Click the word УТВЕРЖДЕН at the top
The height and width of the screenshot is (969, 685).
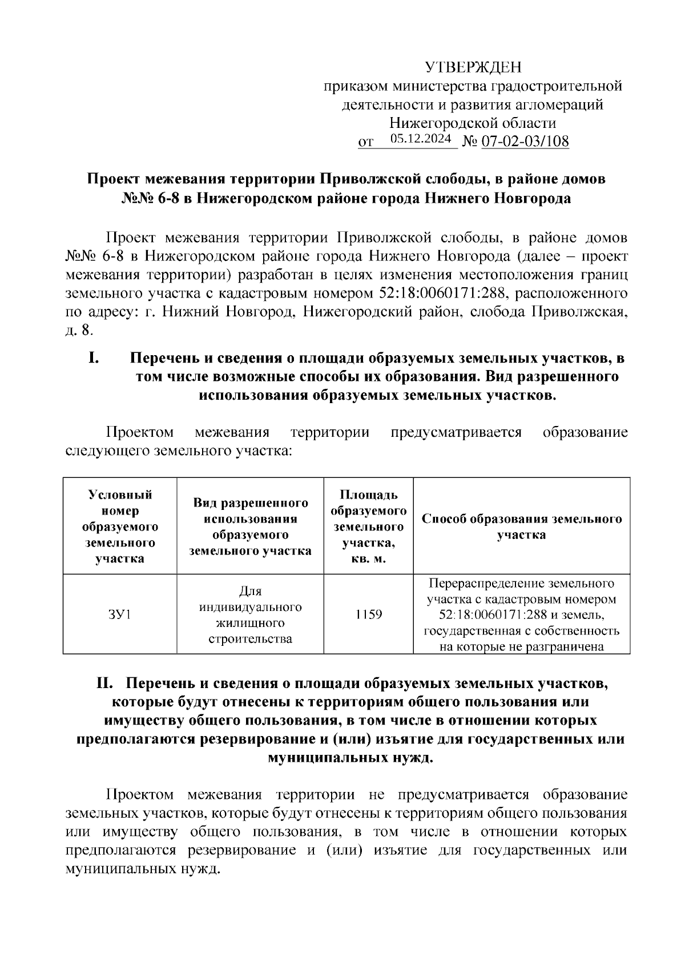click(x=473, y=68)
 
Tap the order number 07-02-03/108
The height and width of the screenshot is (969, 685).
click(x=525, y=141)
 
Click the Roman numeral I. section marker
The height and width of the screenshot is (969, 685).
click(x=94, y=359)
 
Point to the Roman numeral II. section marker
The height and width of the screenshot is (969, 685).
click(x=108, y=683)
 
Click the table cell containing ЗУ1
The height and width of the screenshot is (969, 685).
click(x=119, y=614)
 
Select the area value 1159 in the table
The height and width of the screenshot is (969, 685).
click(x=368, y=614)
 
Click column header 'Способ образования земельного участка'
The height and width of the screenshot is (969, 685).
click(x=521, y=526)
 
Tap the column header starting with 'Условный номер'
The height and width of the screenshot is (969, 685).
click(x=120, y=526)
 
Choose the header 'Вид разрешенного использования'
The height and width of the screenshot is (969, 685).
click(x=250, y=526)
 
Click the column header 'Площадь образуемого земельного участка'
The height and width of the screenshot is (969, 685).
click(x=368, y=526)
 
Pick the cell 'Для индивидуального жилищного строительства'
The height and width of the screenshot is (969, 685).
click(x=250, y=614)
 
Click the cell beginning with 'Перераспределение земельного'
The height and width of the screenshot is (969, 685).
click(x=521, y=614)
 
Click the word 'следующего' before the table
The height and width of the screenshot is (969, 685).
click(x=108, y=451)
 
